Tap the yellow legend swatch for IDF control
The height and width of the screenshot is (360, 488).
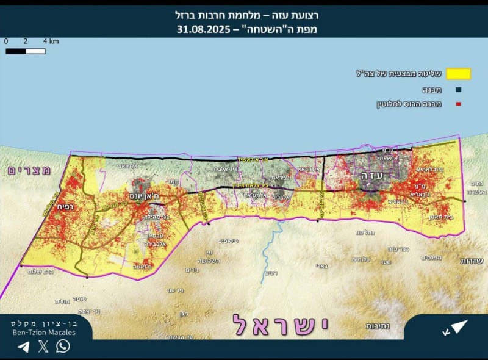pos(459,74)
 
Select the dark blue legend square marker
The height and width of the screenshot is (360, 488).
pos(459,90)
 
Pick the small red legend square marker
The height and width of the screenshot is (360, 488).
pos(459,104)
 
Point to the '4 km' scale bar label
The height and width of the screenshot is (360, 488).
pos(51,41)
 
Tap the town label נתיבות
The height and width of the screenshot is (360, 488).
pos(378,326)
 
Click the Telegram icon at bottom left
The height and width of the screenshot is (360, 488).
pos(23,347)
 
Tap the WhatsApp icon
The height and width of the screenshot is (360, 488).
pos(63,347)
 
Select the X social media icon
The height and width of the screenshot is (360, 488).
pos(43,347)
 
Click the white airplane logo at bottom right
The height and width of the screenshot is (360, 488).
pos(454,328)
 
